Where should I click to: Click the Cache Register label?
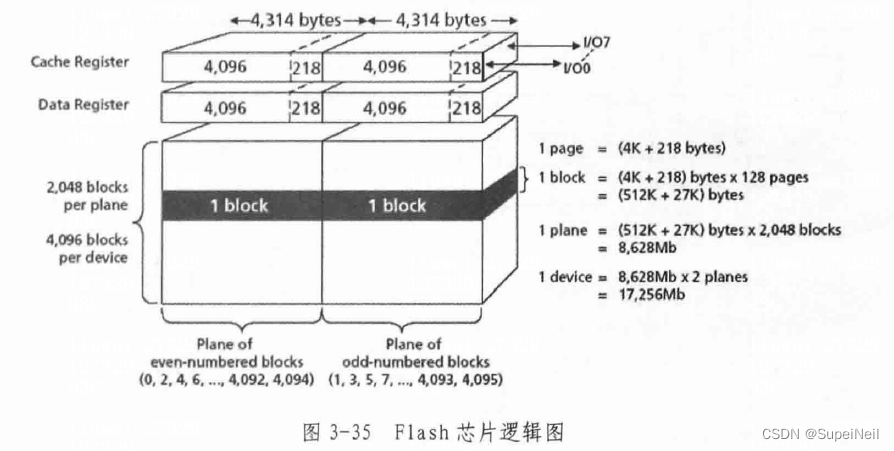tap(79, 62)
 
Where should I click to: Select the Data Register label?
tap(84, 104)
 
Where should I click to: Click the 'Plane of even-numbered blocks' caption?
tap(241, 353)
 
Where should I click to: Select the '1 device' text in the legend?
tap(567, 276)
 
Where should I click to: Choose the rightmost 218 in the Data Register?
tap(466, 108)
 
